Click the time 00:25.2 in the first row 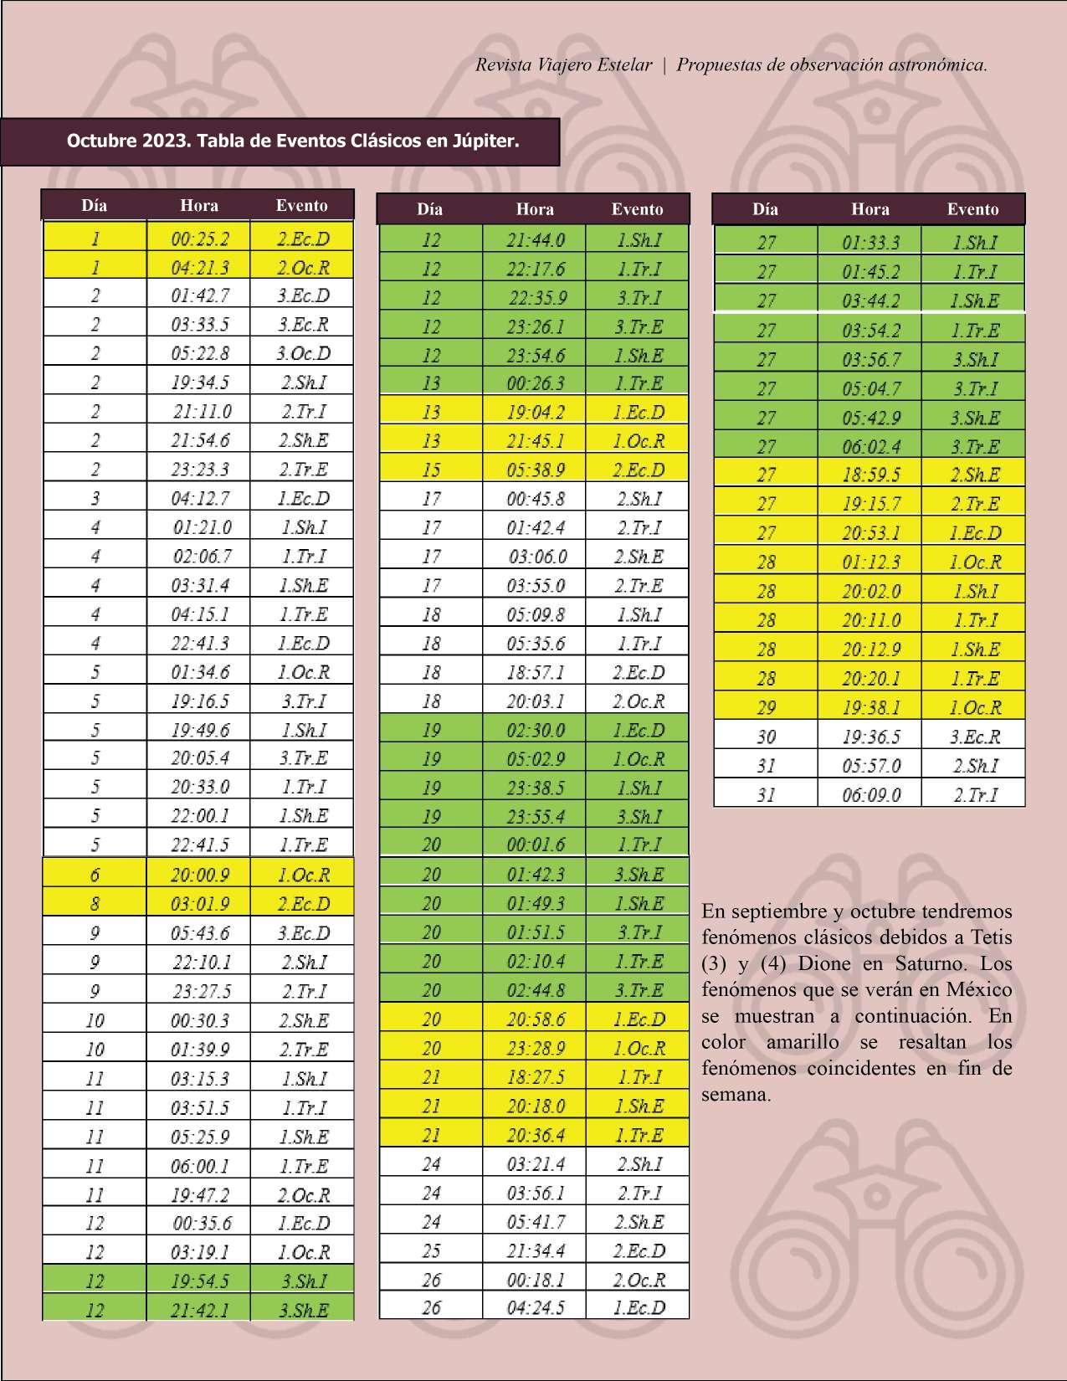(x=199, y=239)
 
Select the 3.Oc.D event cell (x=303, y=353)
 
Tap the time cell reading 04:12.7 (x=199, y=498)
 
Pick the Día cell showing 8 (x=95, y=904)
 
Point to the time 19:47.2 (x=199, y=1195)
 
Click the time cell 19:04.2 (x=535, y=412)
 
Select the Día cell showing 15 (x=431, y=470)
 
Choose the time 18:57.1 (x=535, y=673)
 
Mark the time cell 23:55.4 (x=535, y=817)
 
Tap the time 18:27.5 (x=535, y=1077)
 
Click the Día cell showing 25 (x=431, y=1250)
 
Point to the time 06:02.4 (x=870, y=446)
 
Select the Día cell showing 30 (x=766, y=737)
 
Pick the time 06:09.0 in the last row (x=870, y=794)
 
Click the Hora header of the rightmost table (x=870, y=209)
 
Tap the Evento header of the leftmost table (x=302, y=205)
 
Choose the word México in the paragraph (x=978, y=989)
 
